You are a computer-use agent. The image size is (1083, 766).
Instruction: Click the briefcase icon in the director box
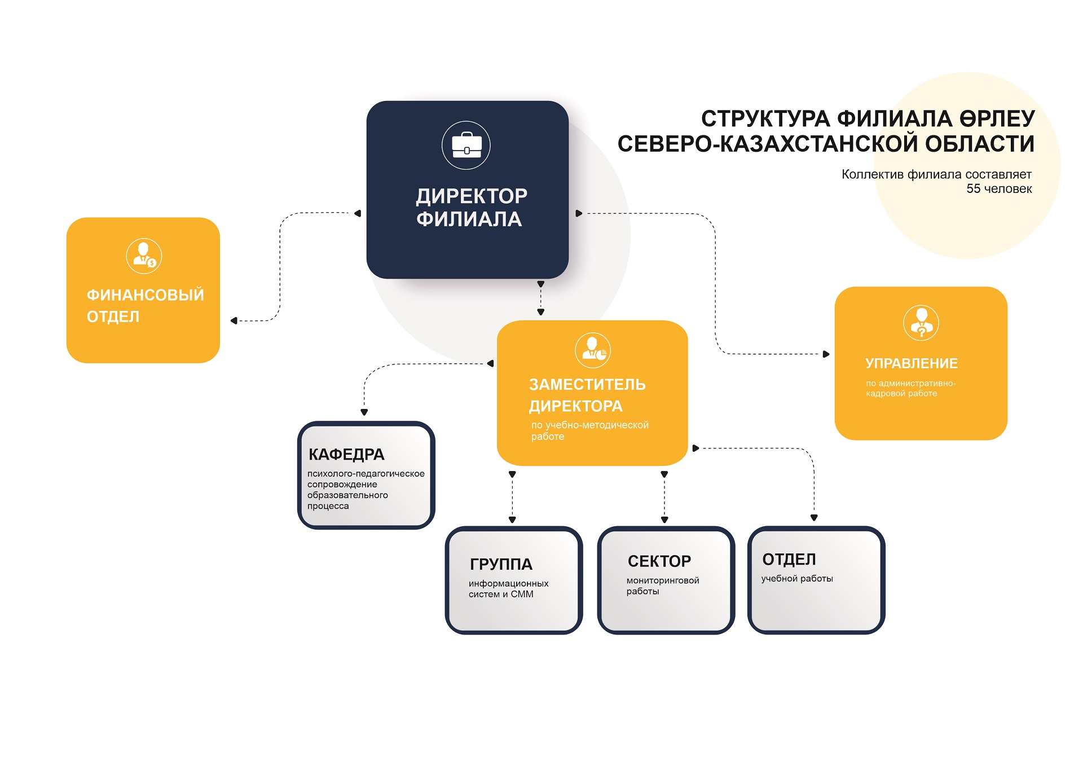tap(466, 145)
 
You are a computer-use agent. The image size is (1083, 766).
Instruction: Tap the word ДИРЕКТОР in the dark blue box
tap(472, 196)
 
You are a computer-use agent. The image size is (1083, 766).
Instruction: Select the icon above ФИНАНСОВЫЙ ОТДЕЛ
tap(144, 256)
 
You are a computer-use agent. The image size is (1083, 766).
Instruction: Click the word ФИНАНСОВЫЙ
tap(145, 294)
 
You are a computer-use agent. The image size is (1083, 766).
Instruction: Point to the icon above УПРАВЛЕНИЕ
tap(921, 323)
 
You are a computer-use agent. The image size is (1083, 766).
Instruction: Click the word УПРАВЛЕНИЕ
tap(912, 363)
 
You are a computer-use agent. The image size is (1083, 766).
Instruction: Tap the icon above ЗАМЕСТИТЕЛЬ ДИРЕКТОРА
tap(593, 350)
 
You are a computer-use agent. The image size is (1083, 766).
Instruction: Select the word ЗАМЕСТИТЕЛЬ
tap(587, 385)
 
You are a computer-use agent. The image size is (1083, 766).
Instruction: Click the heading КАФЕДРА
tap(346, 454)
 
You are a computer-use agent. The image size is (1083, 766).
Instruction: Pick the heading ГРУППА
tap(501, 564)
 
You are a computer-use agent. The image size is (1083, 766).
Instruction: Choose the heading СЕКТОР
tap(659, 561)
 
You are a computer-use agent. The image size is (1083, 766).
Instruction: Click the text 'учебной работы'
tap(797, 579)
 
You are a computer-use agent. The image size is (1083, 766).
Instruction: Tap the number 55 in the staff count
tap(974, 189)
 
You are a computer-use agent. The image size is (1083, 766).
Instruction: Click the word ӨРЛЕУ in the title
tap(998, 119)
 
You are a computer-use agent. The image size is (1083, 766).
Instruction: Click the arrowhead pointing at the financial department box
tap(234, 320)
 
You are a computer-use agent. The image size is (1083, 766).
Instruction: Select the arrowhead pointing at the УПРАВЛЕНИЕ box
tap(826, 354)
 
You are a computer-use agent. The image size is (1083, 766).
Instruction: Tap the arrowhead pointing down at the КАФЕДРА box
tap(364, 412)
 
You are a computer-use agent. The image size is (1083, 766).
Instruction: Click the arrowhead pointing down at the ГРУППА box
tap(512, 520)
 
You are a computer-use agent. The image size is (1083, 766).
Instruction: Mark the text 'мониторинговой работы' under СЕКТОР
tap(663, 585)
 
